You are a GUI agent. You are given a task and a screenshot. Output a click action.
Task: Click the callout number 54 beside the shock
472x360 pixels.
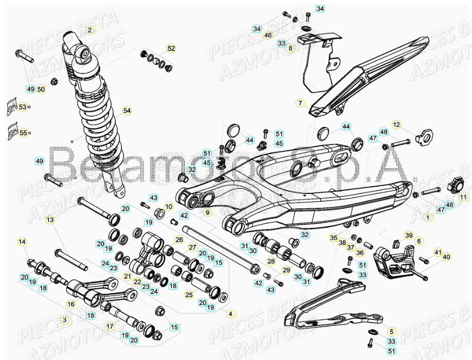click(x=127, y=110)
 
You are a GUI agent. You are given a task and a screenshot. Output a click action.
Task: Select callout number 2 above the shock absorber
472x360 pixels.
click(x=90, y=30)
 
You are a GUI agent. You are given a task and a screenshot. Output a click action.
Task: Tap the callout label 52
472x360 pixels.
click(x=171, y=48)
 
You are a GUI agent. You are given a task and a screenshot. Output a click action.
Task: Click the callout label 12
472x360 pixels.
click(x=411, y=125)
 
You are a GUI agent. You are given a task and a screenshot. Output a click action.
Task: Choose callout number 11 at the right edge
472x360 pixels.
click(x=463, y=197)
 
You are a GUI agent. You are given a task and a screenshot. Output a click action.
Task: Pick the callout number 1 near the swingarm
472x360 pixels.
click(x=426, y=218)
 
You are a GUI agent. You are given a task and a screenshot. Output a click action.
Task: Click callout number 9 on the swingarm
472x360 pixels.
click(x=207, y=212)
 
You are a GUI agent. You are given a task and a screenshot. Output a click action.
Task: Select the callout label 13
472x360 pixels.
click(x=50, y=220)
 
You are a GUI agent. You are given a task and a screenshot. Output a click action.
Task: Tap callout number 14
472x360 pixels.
click(x=22, y=241)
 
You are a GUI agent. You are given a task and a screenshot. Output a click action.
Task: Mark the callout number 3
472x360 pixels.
click(x=64, y=320)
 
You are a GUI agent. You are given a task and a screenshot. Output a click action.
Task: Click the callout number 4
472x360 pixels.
click(x=230, y=313)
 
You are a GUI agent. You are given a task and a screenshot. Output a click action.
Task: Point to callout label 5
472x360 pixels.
click(x=391, y=331)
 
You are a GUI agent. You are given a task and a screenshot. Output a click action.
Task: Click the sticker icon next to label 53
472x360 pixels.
click(x=11, y=107)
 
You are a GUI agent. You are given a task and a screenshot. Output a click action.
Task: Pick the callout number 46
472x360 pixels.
click(x=267, y=35)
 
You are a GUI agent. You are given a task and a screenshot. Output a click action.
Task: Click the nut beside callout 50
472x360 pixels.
click(x=54, y=81)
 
